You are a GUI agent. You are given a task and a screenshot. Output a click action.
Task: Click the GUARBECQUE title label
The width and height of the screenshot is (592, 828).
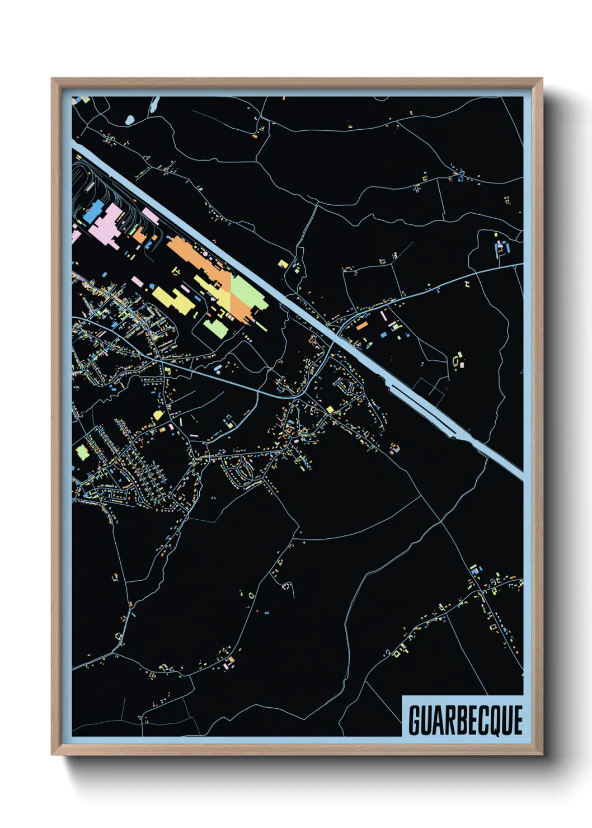coord(465,720)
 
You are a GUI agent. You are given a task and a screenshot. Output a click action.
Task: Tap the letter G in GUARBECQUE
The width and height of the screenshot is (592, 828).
coord(415,721)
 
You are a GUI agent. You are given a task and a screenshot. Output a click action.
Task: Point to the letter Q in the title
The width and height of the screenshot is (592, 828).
coord(495,721)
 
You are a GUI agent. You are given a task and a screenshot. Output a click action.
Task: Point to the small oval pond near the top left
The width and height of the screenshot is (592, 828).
coord(130,119)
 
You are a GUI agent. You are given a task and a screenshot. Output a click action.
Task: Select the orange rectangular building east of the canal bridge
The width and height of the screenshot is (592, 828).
coord(363,325)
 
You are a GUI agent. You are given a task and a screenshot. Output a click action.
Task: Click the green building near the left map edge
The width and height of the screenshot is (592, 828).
coord(83,451)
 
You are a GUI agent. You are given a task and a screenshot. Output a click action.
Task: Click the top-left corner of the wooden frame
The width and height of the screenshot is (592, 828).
coord(53,79)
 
